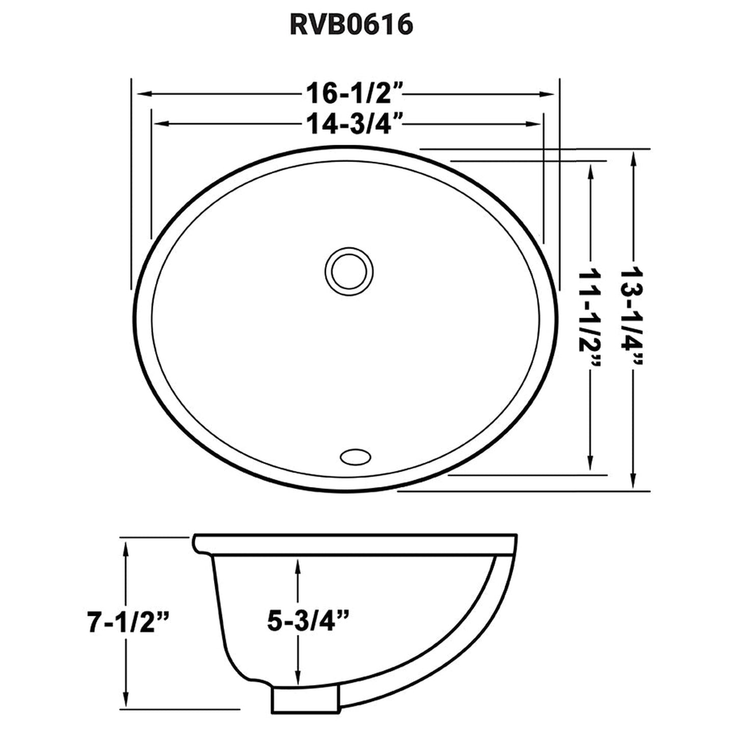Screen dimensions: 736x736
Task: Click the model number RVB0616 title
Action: pos(351,25)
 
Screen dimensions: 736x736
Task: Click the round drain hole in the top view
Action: pos(349,270)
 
